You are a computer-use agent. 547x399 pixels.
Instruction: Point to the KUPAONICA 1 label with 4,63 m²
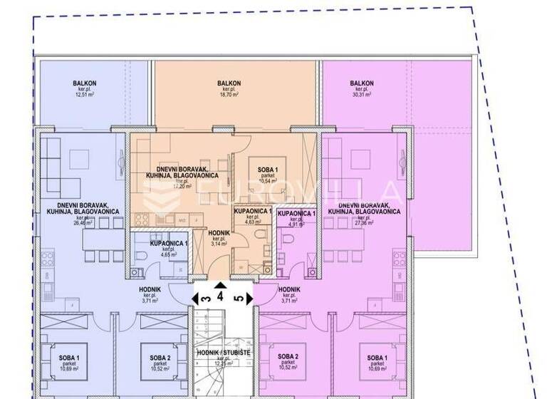tap(253, 212)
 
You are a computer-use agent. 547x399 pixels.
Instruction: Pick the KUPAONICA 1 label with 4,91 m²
tap(296, 214)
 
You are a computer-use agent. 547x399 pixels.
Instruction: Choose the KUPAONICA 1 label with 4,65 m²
tap(169, 244)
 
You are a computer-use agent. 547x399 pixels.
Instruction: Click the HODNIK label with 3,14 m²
tap(219, 233)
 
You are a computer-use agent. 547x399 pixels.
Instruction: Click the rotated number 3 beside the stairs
tap(205, 299)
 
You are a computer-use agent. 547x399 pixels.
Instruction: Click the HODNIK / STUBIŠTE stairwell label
tap(220, 372)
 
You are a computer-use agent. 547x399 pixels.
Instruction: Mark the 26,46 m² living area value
tap(68, 222)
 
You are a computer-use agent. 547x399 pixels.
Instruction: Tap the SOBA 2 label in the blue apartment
tap(160, 357)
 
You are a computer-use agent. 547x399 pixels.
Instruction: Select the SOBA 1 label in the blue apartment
tap(68, 357)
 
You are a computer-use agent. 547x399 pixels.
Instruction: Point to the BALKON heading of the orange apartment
tap(229, 83)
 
